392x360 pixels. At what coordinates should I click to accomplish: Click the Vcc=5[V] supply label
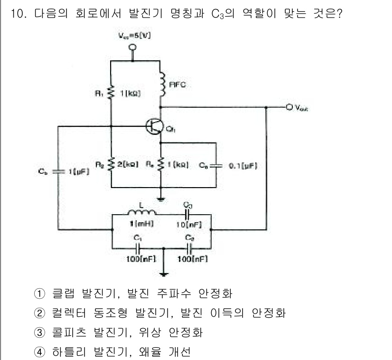coord(133,36)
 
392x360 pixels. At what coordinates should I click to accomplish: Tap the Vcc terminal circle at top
coord(133,47)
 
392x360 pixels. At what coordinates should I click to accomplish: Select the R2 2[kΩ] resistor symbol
coord(111,165)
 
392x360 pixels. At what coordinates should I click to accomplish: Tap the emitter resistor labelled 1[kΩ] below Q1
coord(162,165)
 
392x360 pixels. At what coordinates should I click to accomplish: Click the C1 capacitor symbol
coord(138,247)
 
